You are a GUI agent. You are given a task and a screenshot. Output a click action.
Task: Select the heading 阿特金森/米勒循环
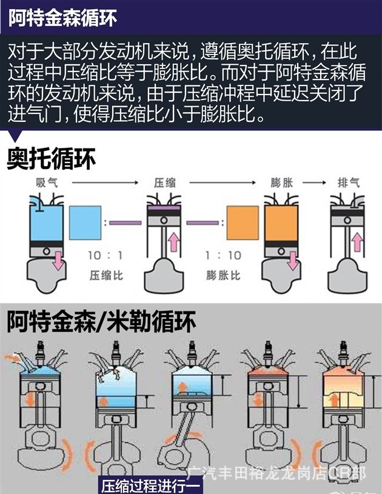click(102, 321)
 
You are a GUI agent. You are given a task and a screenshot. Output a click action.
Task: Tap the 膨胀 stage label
click(283, 182)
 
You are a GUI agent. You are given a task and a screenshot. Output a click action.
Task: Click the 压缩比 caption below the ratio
click(105, 275)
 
